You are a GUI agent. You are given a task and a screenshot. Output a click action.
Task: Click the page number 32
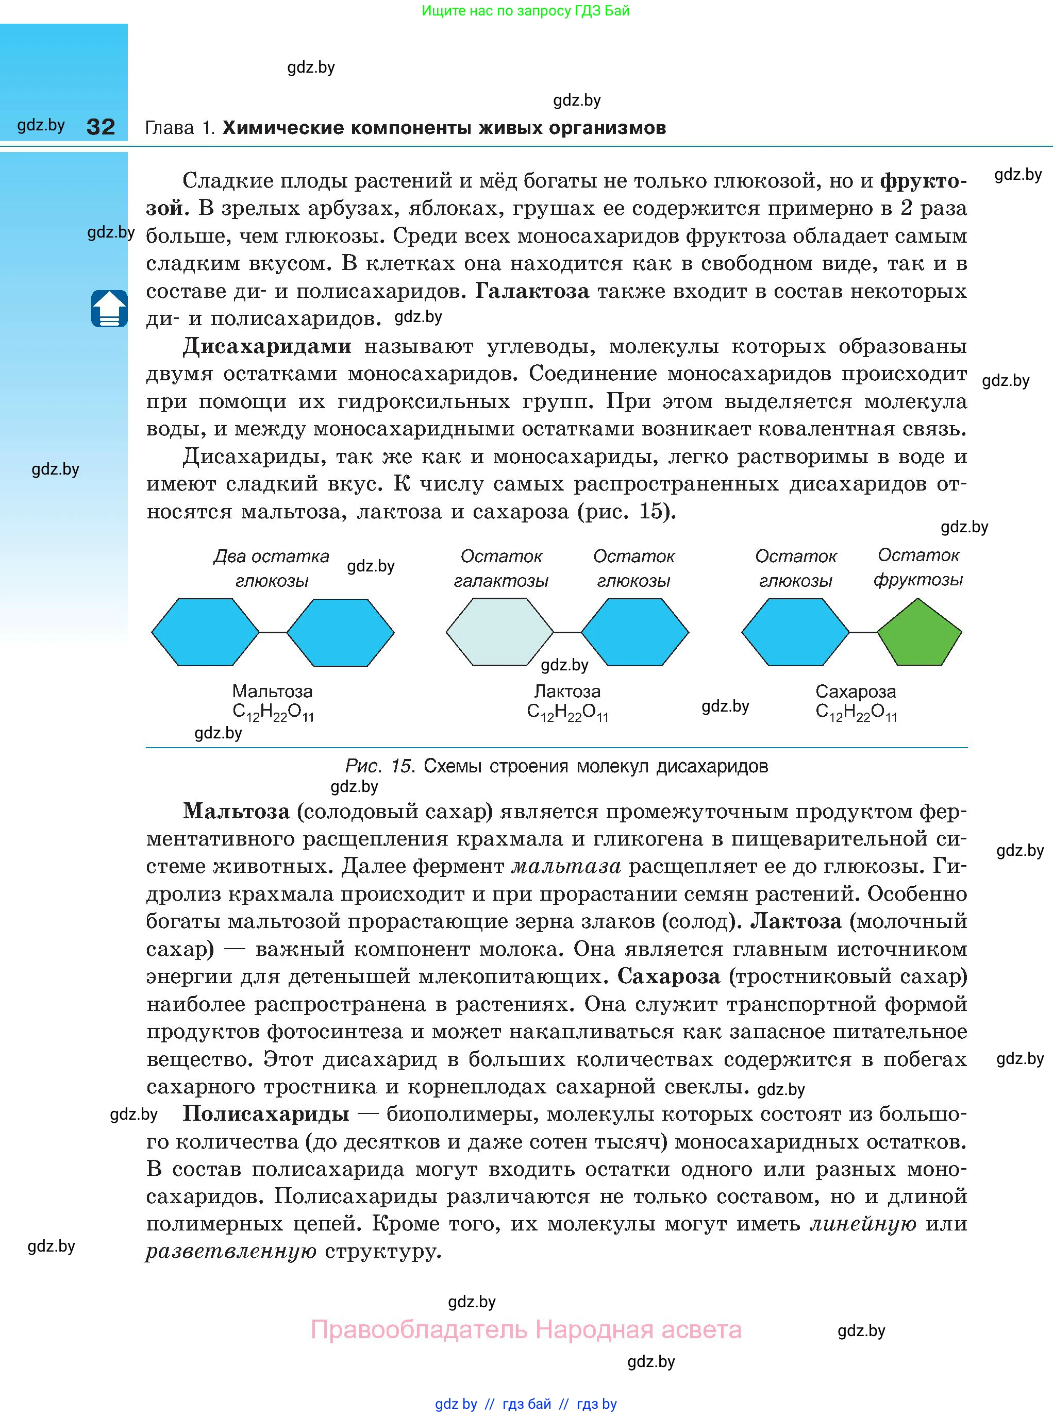[x=101, y=127]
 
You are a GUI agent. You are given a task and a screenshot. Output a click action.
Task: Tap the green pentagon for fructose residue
[x=919, y=634]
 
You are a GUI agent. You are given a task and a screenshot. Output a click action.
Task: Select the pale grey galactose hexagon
[x=499, y=632]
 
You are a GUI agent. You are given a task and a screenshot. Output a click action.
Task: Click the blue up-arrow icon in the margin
[x=109, y=309]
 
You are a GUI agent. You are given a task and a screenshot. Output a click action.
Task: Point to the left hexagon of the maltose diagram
[x=205, y=632]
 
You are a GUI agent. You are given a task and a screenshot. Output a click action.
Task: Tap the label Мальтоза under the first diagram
[x=272, y=691]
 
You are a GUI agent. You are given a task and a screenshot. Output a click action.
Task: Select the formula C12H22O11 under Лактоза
[x=567, y=712]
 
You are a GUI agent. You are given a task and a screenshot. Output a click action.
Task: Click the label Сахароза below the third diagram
[x=856, y=691]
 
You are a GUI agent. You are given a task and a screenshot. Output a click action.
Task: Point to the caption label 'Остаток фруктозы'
[x=918, y=567]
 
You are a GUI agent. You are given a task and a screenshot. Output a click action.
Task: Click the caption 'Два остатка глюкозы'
[x=272, y=568]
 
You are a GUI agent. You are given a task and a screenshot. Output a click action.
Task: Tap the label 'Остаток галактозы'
[x=501, y=568]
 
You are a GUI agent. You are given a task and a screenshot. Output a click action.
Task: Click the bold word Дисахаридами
[x=266, y=346]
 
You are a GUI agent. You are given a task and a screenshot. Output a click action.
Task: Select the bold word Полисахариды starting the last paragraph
[x=266, y=1114]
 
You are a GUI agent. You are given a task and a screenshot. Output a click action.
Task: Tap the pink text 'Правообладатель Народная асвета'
[x=526, y=1330]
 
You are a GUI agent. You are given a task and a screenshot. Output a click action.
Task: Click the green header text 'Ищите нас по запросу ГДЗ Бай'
[x=525, y=11]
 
